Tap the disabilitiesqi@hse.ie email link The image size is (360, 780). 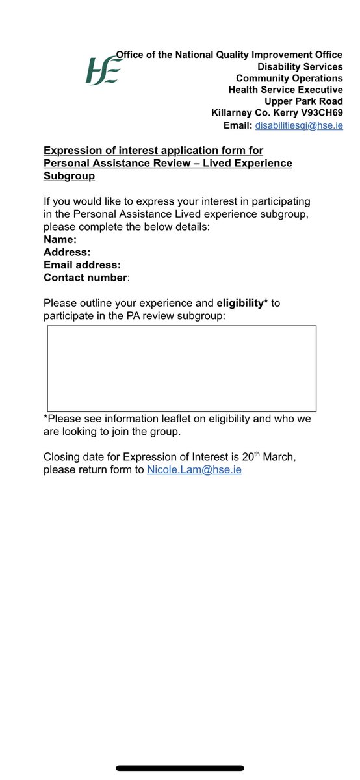pyautogui.click(x=299, y=125)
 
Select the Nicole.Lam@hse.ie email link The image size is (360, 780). pyautogui.click(x=194, y=469)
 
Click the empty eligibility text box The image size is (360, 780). pyautogui.click(x=181, y=369)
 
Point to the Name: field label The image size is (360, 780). pyautogui.click(x=60, y=239)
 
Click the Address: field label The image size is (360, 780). pyautogui.click(x=67, y=252)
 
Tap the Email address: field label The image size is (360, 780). pyautogui.click(x=82, y=265)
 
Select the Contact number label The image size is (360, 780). pyautogui.click(x=86, y=278)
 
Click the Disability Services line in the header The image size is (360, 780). pyautogui.click(x=300, y=67)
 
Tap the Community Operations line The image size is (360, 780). pyautogui.click(x=289, y=78)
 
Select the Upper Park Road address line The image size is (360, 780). pyautogui.click(x=303, y=101)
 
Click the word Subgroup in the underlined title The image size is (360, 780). pyautogui.click(x=69, y=176)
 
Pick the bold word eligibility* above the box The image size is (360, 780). pyautogui.click(x=242, y=303)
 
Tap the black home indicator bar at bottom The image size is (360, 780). pyautogui.click(x=180, y=768)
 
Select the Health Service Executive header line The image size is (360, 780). pyautogui.click(x=285, y=90)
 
